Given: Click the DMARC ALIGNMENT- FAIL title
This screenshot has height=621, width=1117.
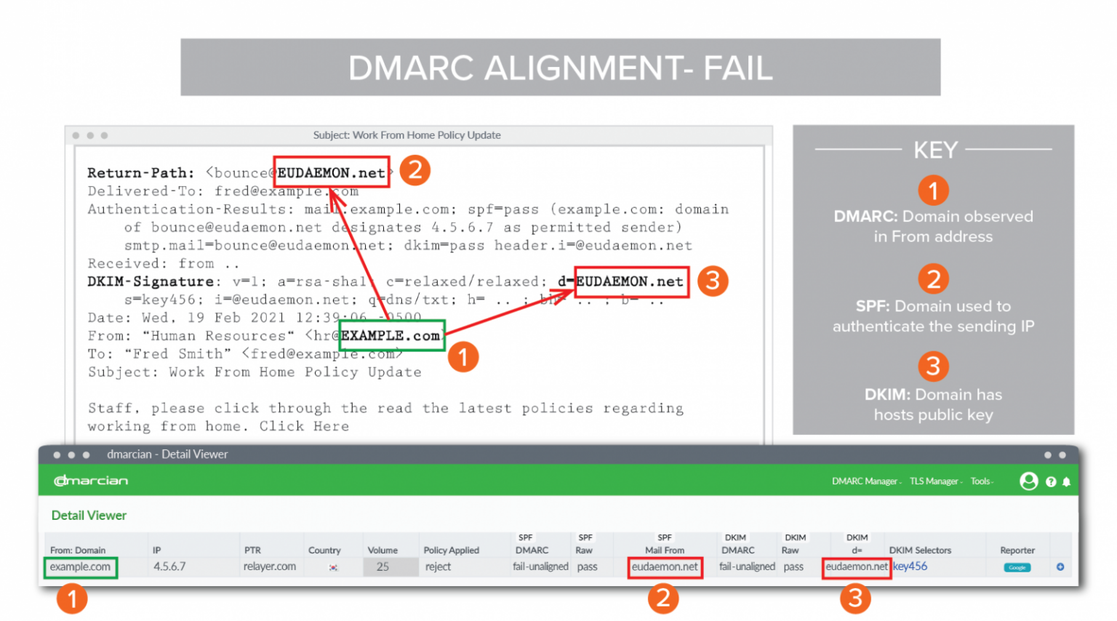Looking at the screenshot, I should click(x=560, y=68).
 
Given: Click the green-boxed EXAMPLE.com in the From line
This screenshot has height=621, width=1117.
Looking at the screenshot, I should click(x=391, y=336).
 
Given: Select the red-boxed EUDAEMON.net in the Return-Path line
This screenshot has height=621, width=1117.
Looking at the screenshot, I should click(x=331, y=173).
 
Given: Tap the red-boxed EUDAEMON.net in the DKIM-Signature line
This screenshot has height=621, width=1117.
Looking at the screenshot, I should click(x=630, y=281).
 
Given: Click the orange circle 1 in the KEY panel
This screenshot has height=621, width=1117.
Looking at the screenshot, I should click(x=933, y=191).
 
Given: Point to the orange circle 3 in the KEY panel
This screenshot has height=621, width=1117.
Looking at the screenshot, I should click(x=933, y=366).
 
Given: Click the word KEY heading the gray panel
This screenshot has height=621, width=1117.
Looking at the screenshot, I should click(x=935, y=150).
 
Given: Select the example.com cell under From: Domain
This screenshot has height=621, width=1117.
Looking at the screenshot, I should click(x=80, y=567).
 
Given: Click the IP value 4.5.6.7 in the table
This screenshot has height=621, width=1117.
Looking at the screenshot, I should click(x=169, y=566).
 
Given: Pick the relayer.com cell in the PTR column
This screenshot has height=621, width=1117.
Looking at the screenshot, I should click(x=270, y=566).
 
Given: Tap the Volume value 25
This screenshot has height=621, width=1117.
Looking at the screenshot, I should click(x=383, y=567).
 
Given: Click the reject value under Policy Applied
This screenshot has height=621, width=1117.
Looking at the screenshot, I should click(x=438, y=566).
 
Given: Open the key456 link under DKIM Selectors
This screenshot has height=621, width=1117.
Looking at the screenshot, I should click(x=910, y=566).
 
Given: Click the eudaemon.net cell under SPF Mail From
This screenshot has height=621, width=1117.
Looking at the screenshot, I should click(x=665, y=567).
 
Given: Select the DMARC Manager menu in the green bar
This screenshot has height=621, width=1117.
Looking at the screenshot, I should click(x=865, y=481).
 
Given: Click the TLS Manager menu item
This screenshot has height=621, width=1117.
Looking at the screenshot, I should click(x=934, y=481).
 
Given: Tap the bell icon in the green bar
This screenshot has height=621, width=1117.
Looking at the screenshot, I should click(x=1066, y=482).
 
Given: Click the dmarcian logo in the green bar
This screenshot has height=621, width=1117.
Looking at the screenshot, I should click(x=91, y=481).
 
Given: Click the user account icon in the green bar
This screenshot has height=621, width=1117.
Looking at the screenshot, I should click(x=1028, y=481).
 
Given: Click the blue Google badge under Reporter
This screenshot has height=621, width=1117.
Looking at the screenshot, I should click(x=1017, y=567).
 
